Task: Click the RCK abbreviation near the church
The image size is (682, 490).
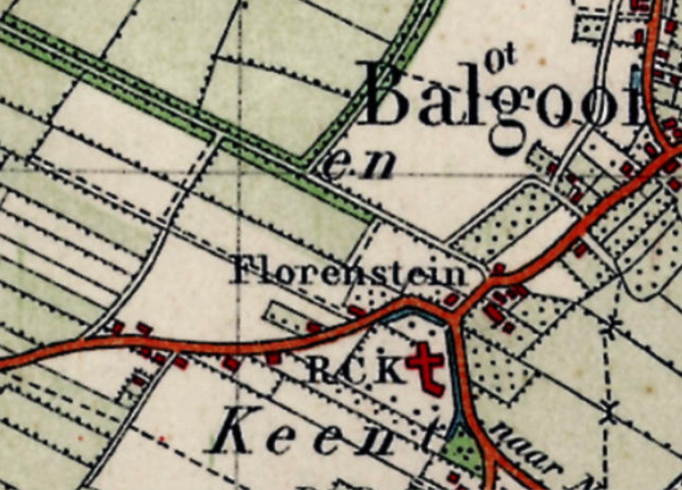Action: (356, 370)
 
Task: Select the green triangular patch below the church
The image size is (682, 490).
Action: (464, 452)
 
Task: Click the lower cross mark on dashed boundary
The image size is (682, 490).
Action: (609, 412)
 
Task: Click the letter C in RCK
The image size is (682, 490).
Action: (356, 370)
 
